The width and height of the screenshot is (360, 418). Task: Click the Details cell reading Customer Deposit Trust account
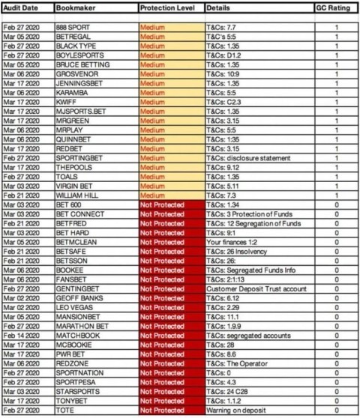252,288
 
